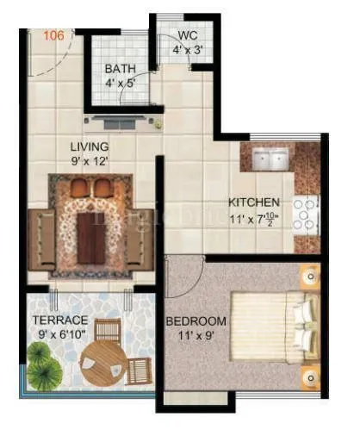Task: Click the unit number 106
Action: pos(53,35)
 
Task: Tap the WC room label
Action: pos(188,36)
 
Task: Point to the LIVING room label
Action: pos(90,146)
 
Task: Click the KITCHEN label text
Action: pos(254,202)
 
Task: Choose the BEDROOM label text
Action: pos(196,321)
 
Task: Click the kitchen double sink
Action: pos(273,160)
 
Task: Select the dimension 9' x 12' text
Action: pos(90,159)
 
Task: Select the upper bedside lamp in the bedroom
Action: pos(307,277)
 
